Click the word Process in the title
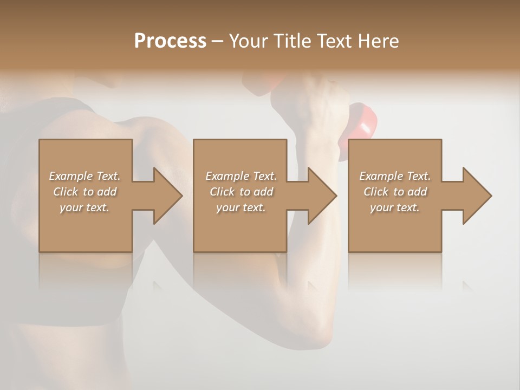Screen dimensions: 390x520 [170, 41]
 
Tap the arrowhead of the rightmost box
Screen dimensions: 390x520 [476, 196]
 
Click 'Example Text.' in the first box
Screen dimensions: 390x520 [84, 176]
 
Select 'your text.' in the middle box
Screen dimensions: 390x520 [241, 207]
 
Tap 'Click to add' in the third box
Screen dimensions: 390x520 [395, 192]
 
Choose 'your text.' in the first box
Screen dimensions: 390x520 [84, 207]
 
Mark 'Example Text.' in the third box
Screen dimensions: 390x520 [395, 176]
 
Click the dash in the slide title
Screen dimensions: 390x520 [218, 41]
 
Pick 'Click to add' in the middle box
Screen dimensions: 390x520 [241, 192]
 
